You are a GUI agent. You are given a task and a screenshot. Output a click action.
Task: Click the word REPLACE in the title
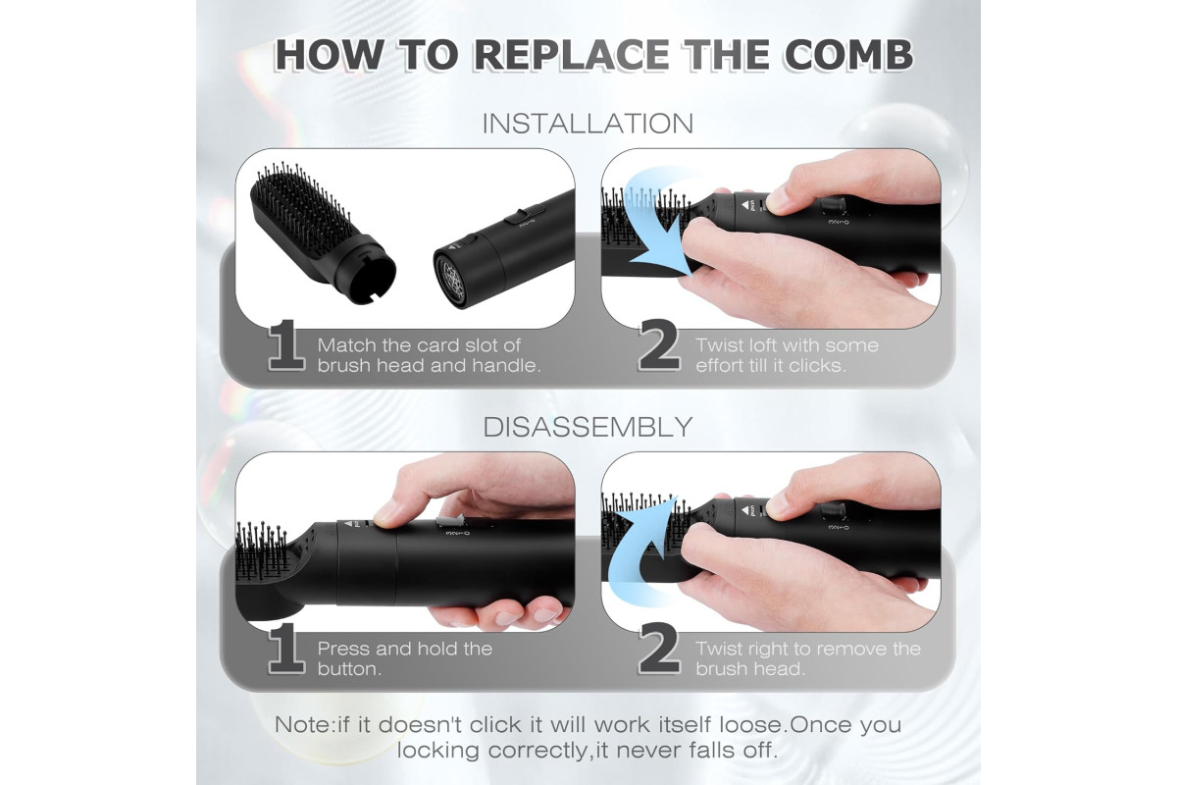point(572,55)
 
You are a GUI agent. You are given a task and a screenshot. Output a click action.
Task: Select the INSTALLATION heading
point(588,124)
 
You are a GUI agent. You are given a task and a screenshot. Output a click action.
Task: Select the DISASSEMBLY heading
point(588,427)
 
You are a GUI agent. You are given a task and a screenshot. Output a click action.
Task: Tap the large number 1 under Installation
point(286,346)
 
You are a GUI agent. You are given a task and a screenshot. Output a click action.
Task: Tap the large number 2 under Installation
point(659,346)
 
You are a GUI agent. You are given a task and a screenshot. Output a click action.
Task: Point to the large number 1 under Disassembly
point(286,649)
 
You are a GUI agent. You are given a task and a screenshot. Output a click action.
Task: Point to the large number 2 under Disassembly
point(659,649)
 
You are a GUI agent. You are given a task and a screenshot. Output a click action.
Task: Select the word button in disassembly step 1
point(349,669)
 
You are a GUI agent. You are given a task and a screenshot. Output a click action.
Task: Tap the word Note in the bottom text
point(304,724)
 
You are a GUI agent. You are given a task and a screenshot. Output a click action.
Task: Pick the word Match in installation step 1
point(347,345)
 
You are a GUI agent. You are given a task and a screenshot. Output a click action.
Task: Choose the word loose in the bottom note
point(752,724)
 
